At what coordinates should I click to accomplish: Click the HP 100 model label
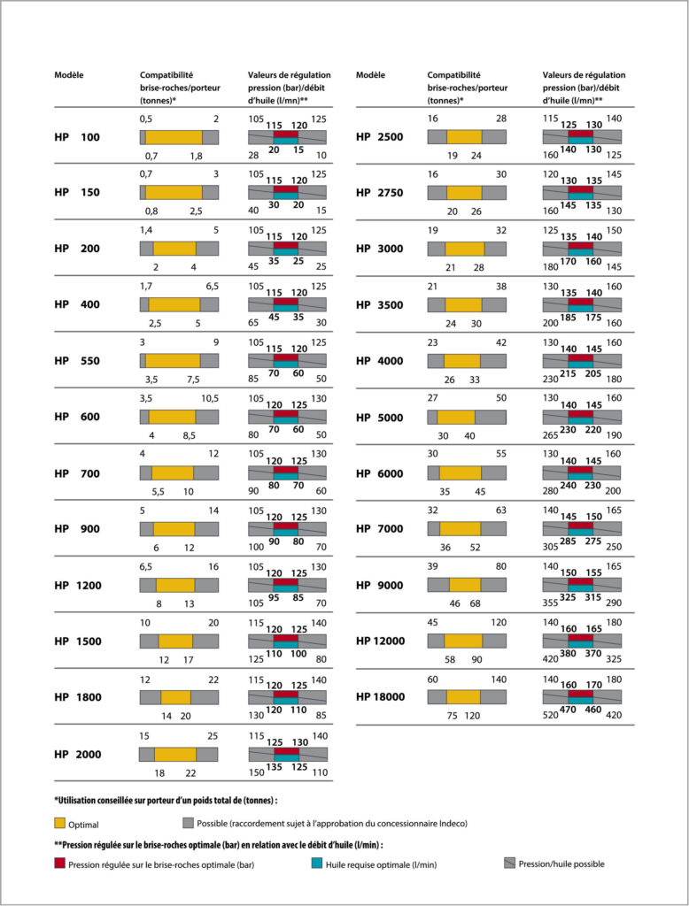tap(77, 137)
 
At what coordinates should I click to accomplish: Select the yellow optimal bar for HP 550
tap(173, 361)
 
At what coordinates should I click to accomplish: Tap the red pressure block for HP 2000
tap(286, 751)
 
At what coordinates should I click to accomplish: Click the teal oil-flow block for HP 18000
tap(581, 701)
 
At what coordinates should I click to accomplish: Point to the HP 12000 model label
tap(381, 641)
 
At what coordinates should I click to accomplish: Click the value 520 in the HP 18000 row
tap(550, 715)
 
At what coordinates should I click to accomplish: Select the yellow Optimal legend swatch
tap(59, 824)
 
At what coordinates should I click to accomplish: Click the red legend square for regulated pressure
tap(59, 864)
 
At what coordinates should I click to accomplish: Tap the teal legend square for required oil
tap(316, 864)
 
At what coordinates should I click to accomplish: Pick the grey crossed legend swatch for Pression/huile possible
tap(509, 864)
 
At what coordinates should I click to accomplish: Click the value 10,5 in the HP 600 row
tap(210, 399)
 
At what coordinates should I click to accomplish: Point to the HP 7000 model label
tap(380, 529)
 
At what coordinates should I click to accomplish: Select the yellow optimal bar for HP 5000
tap(456, 418)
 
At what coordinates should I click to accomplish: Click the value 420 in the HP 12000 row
tap(550, 658)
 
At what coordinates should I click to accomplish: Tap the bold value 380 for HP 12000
tap(568, 654)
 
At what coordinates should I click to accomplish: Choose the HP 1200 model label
tap(78, 586)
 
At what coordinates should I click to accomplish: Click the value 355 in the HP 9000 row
tap(550, 603)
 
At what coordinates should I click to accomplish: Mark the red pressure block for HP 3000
tap(581, 246)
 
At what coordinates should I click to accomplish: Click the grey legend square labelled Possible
tap(188, 823)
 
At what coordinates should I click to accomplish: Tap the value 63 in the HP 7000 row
tap(501, 511)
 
